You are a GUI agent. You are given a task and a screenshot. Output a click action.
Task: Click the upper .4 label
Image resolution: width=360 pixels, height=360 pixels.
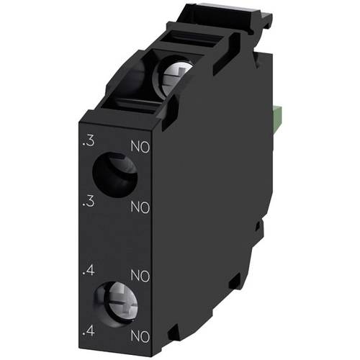point(88,273)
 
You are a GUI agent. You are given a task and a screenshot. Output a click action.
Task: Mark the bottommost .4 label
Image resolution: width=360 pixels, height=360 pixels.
point(88,332)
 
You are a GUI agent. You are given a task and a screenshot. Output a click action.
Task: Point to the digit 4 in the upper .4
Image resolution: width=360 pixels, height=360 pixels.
point(90,273)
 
